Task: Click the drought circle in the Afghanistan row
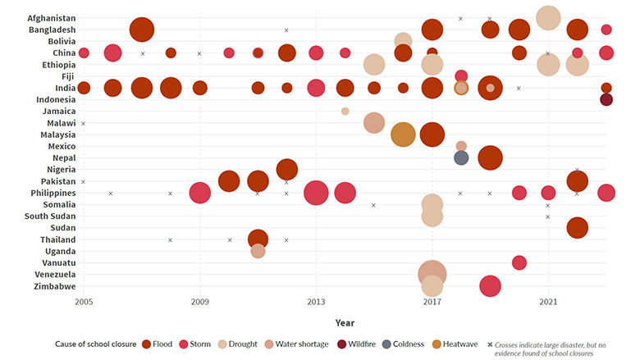(548, 18)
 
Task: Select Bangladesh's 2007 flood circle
(142, 30)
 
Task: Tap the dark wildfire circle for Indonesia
(606, 99)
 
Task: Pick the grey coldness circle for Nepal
(461, 157)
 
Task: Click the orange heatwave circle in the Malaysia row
(403, 134)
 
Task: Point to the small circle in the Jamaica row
(345, 111)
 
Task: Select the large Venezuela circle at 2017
(432, 275)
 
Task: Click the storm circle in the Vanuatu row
(519, 262)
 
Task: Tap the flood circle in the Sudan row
(577, 228)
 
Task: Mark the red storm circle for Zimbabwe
(490, 286)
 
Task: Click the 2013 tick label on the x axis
(316, 303)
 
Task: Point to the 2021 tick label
(548, 303)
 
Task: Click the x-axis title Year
(345, 322)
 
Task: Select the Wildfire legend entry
(363, 344)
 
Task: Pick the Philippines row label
(51, 193)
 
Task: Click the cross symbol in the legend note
(490, 344)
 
